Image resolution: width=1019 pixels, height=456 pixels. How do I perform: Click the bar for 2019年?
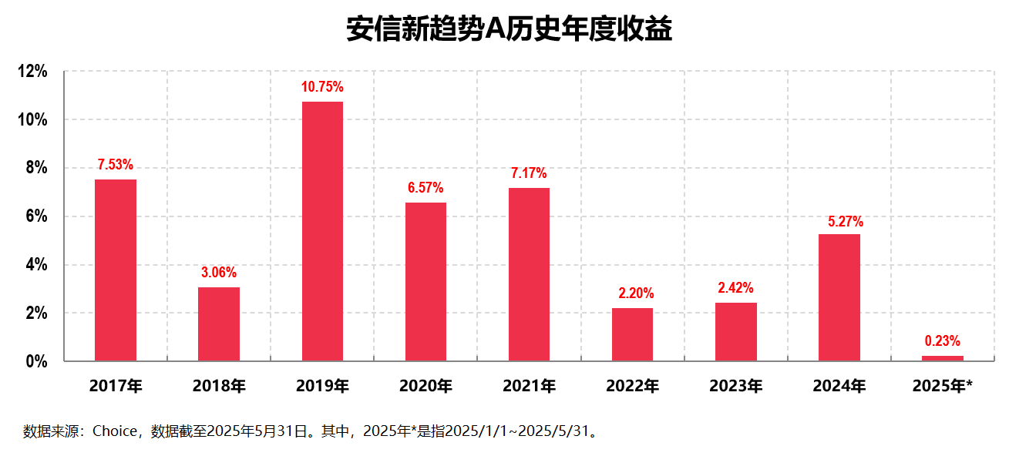point(322,231)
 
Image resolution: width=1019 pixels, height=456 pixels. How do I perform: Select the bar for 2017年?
point(116,270)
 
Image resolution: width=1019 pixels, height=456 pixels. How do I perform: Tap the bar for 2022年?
point(632,334)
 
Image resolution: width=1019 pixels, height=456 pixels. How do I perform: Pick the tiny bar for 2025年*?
point(942,358)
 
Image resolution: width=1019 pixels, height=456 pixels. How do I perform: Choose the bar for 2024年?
point(839,297)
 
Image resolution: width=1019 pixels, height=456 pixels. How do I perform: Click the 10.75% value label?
point(322,87)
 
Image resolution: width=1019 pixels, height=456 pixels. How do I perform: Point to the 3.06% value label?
point(219,273)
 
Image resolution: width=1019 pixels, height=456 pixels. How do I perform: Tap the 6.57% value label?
point(425,188)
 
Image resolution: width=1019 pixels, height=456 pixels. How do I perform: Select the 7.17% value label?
point(529,173)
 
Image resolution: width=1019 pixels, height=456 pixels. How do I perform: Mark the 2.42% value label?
point(735,288)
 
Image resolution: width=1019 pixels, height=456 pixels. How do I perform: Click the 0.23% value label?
point(942,341)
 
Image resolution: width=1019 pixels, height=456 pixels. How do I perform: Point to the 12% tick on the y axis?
point(32,72)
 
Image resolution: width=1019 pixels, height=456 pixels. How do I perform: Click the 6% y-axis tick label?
point(36,216)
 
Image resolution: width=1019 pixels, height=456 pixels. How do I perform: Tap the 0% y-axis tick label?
point(36,361)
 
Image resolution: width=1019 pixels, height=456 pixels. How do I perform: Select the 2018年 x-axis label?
point(219,386)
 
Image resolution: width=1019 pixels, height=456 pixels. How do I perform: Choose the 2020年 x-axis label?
point(425,386)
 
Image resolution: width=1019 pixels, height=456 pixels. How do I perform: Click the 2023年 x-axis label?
point(735,386)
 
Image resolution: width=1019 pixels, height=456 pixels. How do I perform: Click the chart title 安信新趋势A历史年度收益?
point(509,29)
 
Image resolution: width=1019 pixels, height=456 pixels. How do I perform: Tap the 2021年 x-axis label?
point(529,386)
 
